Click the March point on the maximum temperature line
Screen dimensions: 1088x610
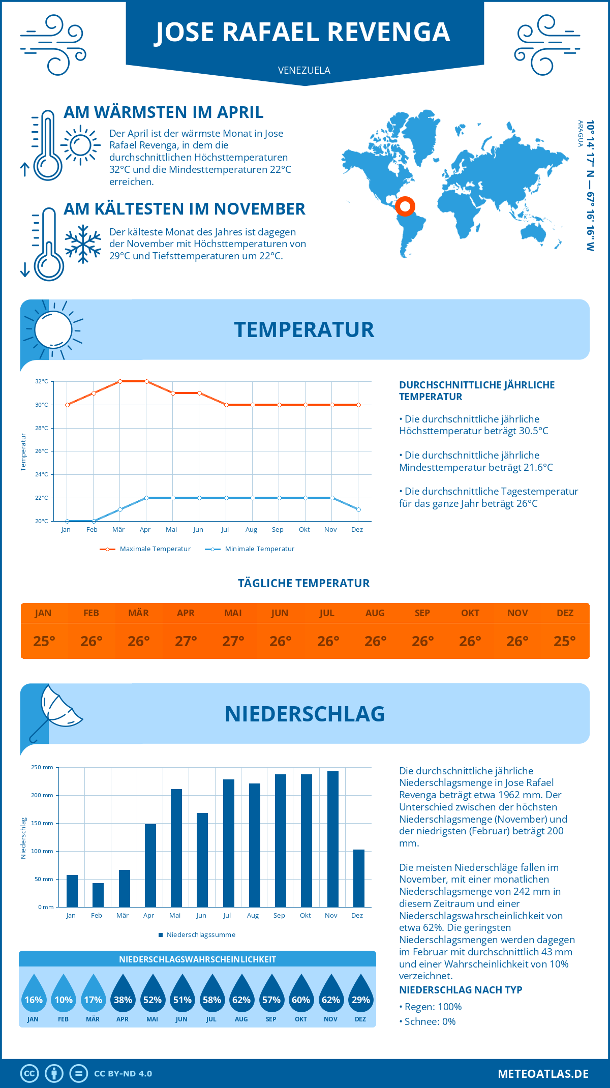pos(120,381)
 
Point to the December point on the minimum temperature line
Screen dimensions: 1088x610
pos(358,509)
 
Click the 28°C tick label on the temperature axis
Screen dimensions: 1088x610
pos(42,428)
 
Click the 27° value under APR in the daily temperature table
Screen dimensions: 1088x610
pos(186,641)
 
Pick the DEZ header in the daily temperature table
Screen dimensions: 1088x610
pos(565,613)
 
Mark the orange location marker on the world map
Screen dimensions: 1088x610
pos(405,206)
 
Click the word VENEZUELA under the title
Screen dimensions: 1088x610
pos(304,70)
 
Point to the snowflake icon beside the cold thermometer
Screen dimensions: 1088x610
pos(83,244)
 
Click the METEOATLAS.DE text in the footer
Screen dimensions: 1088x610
pos(543,1074)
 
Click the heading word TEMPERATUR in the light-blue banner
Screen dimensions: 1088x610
pos(304,329)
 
